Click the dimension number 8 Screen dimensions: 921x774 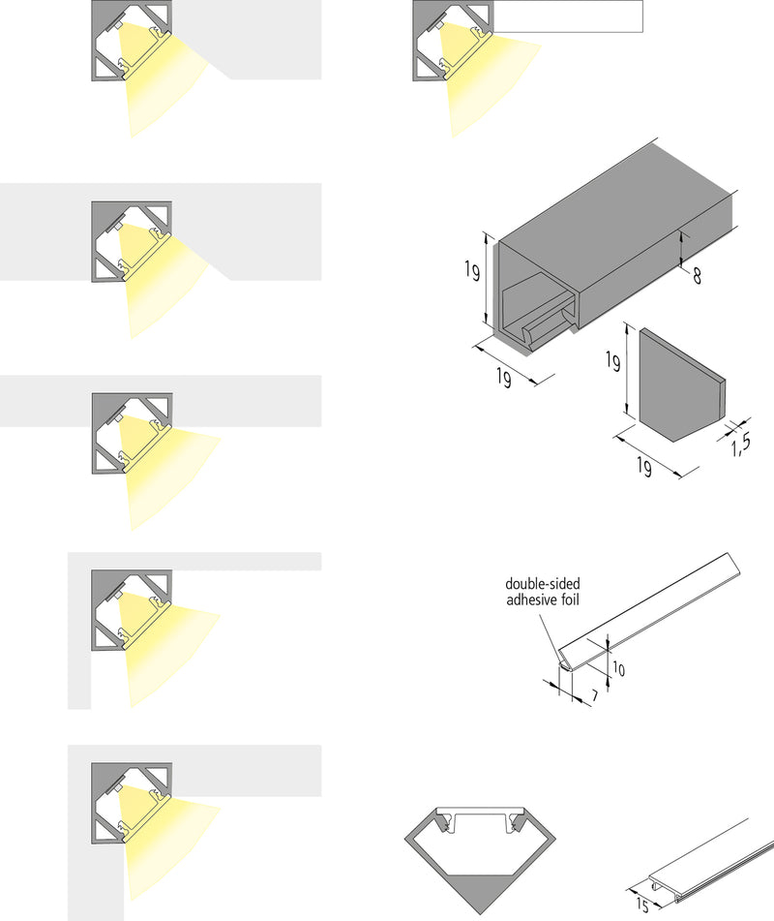pos(697,275)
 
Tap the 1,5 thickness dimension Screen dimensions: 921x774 pos(741,445)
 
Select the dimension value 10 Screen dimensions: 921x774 pos(618,669)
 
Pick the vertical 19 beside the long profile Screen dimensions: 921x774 pos(471,272)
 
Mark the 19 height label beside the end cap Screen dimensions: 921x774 pos(611,364)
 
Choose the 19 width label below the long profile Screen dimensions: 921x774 pos(503,379)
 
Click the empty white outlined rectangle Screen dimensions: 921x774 pos(571,16)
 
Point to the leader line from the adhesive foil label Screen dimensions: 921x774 pos(551,630)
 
